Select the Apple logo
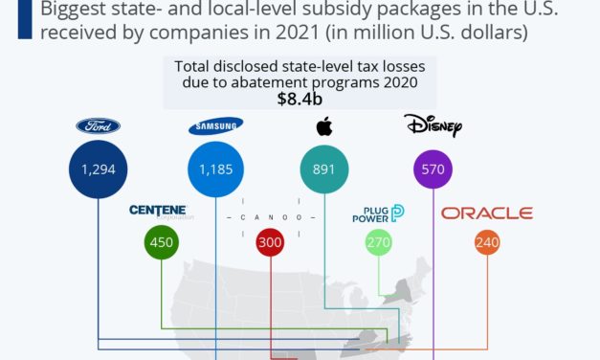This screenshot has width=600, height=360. coord(323,125)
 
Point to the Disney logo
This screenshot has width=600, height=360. coord(433,125)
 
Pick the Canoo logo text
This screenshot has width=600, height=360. coord(270,216)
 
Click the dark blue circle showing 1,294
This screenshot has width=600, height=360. coord(98,170)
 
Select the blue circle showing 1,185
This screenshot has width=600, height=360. coord(215,170)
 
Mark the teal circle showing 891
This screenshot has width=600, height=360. coord(323,170)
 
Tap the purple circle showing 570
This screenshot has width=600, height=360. coord(433,170)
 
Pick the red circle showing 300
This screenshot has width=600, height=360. coord(271,242)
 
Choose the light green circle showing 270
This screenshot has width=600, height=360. coord(380,242)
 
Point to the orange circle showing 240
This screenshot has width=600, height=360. coord(487,242)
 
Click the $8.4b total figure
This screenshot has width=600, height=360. coord(299,100)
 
